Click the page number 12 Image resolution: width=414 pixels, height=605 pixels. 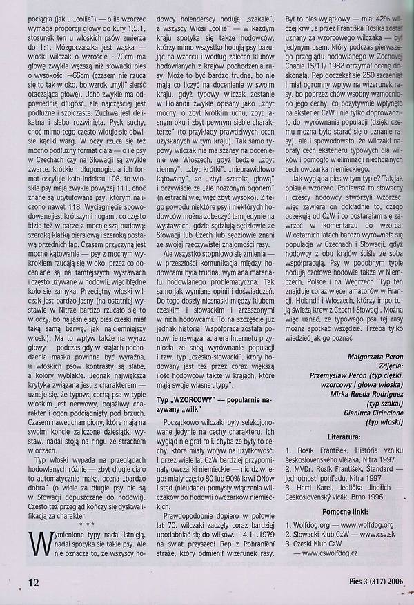[x=13, y=583]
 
